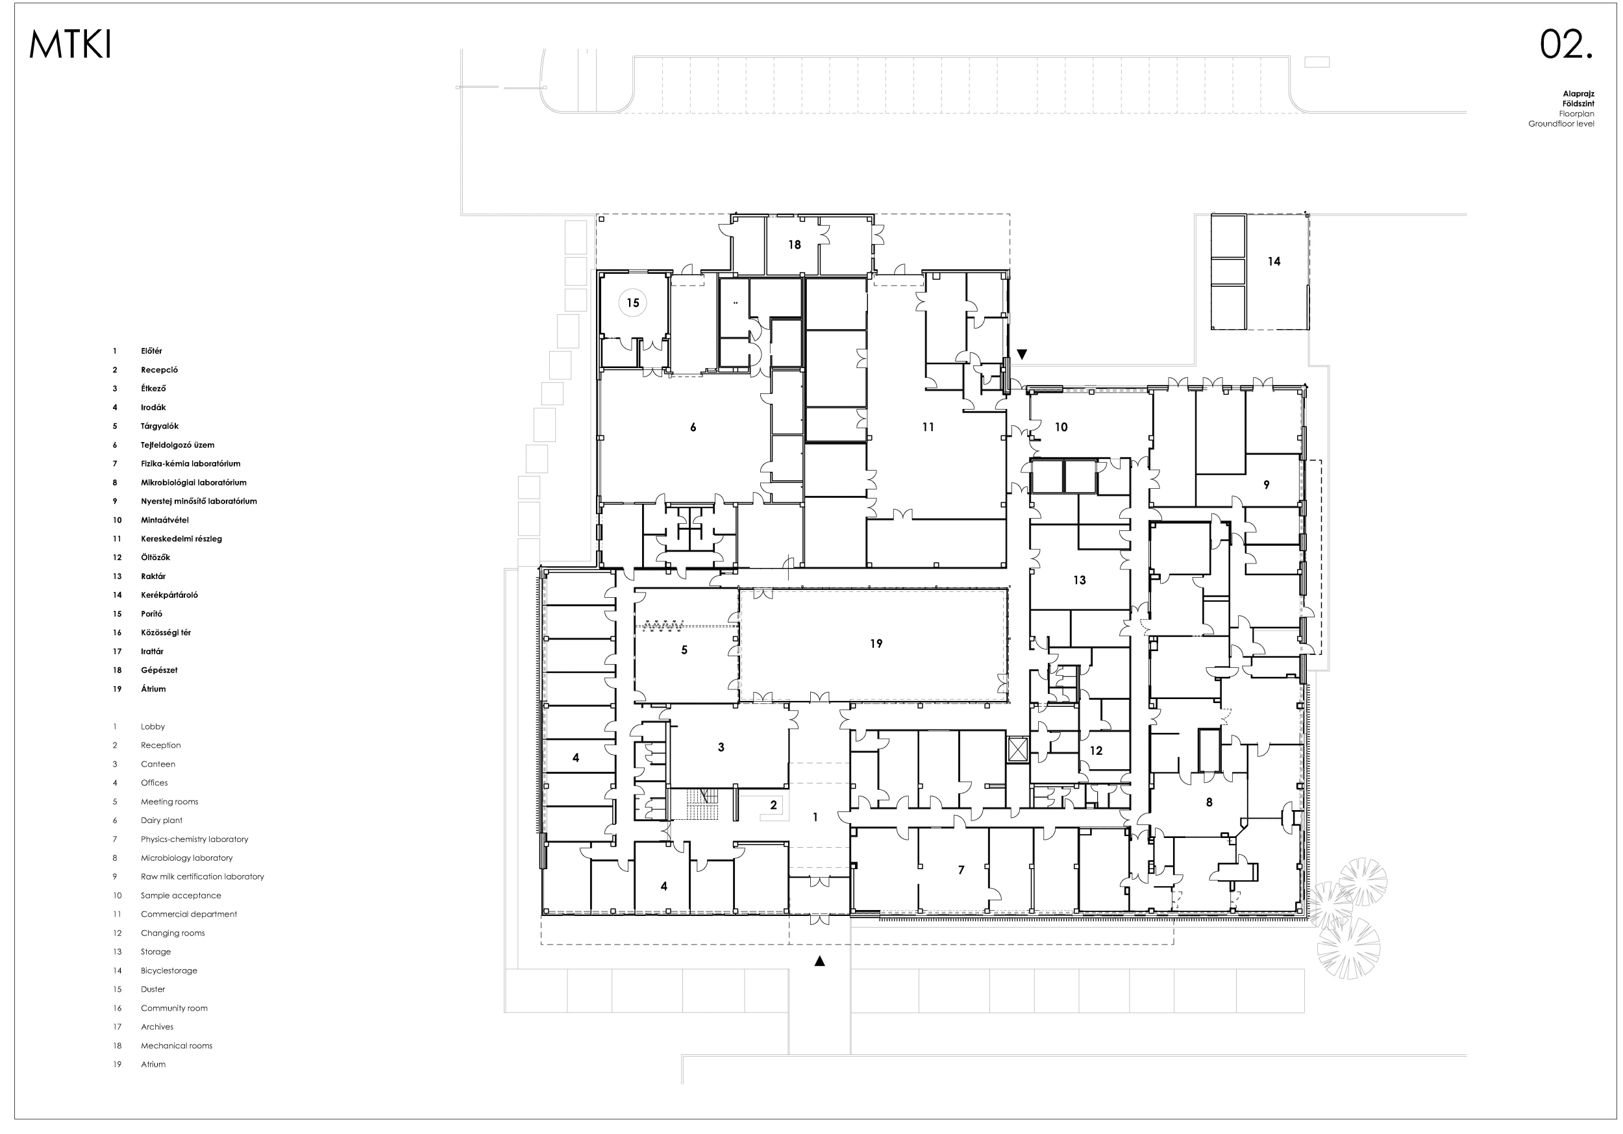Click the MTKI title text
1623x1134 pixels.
(70, 45)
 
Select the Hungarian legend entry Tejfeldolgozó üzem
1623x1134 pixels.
(177, 445)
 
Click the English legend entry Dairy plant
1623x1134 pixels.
(161, 820)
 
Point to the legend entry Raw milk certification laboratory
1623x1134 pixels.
(202, 877)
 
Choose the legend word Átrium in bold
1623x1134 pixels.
(153, 689)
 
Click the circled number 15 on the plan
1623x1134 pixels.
(633, 302)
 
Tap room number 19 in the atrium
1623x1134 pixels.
(876, 643)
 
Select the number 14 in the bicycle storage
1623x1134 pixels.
(1274, 262)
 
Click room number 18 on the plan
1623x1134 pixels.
(795, 245)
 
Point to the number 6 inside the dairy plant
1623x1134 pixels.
(693, 427)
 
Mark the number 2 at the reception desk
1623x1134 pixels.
(774, 804)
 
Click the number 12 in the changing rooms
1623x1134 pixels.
(1096, 751)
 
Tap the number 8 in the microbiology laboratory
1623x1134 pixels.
(1209, 802)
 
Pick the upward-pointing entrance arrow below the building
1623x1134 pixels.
(820, 961)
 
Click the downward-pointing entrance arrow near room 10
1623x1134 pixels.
(1021, 354)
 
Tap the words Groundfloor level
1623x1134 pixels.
(1561, 124)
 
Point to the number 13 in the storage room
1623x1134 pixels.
(1080, 580)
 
